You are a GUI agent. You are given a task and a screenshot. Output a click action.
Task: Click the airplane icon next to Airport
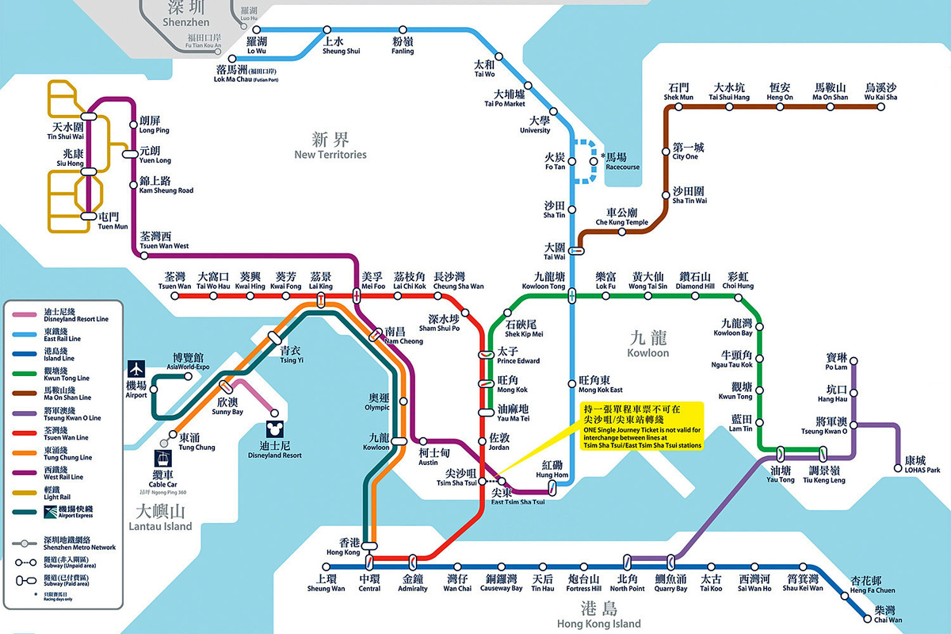point(136,369)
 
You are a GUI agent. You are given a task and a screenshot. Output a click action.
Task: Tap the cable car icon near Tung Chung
point(162,459)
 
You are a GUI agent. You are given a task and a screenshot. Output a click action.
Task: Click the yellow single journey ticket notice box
point(639,425)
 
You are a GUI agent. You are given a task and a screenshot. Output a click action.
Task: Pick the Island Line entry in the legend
point(48,354)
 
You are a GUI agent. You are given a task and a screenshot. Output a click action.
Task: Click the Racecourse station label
point(622,162)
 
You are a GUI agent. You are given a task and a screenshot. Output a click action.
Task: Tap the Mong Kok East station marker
point(572,384)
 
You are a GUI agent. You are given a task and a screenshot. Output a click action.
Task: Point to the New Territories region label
point(330,147)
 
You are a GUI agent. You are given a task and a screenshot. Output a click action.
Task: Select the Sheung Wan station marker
point(326,567)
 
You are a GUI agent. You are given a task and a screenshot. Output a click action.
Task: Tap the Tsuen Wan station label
point(174,281)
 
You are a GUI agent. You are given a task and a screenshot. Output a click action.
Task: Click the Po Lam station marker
point(854,363)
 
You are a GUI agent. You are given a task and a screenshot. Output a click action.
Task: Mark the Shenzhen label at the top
point(185,14)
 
